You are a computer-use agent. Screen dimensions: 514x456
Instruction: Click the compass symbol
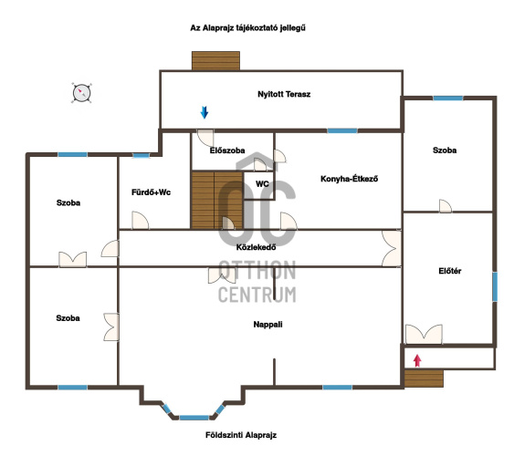81,93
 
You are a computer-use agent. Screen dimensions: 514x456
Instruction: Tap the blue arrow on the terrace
205,112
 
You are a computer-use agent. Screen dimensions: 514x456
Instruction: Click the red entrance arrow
417,360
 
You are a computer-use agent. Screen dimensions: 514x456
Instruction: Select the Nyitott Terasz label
284,94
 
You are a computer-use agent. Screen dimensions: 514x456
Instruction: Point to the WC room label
262,184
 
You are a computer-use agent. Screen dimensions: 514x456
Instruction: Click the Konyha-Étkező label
349,179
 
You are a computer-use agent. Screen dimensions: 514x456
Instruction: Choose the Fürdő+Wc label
152,192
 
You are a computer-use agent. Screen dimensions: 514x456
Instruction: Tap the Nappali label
267,325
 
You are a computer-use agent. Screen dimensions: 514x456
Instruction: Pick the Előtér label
450,271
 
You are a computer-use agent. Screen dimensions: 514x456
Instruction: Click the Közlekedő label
256,247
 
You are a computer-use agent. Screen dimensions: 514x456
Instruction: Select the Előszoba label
227,150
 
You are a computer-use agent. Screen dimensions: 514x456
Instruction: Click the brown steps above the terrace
215,60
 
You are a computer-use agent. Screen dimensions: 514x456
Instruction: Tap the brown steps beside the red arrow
424,378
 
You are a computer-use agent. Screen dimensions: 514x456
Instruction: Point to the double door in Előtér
424,334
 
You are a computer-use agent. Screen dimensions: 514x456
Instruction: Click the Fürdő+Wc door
140,221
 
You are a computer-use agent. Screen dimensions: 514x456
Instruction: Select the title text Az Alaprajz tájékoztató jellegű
247,28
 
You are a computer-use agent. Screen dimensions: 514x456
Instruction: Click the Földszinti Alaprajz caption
241,435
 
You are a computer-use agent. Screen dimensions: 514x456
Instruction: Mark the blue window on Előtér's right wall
495,286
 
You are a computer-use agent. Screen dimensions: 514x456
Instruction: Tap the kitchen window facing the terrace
342,131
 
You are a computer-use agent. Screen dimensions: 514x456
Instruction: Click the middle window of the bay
194,418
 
